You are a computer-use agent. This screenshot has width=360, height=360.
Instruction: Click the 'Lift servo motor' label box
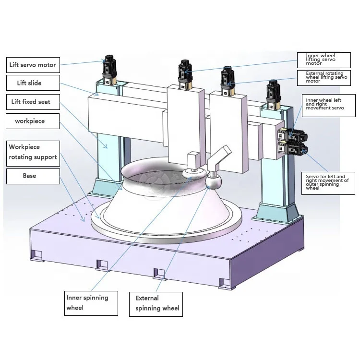pyautogui.click(x=33, y=65)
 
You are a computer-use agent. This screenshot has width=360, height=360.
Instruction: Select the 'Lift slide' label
pyautogui.click(x=33, y=83)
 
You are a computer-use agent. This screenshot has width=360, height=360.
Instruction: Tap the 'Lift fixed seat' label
pyautogui.click(x=33, y=102)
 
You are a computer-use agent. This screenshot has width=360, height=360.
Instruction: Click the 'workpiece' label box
pyautogui.click(x=33, y=121)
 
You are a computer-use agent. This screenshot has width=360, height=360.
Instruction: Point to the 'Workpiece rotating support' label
pyautogui.click(x=33, y=153)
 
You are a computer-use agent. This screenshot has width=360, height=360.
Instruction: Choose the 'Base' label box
pyautogui.click(x=33, y=176)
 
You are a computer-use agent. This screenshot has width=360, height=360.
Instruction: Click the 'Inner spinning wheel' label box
pyautogui.click(x=91, y=302)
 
